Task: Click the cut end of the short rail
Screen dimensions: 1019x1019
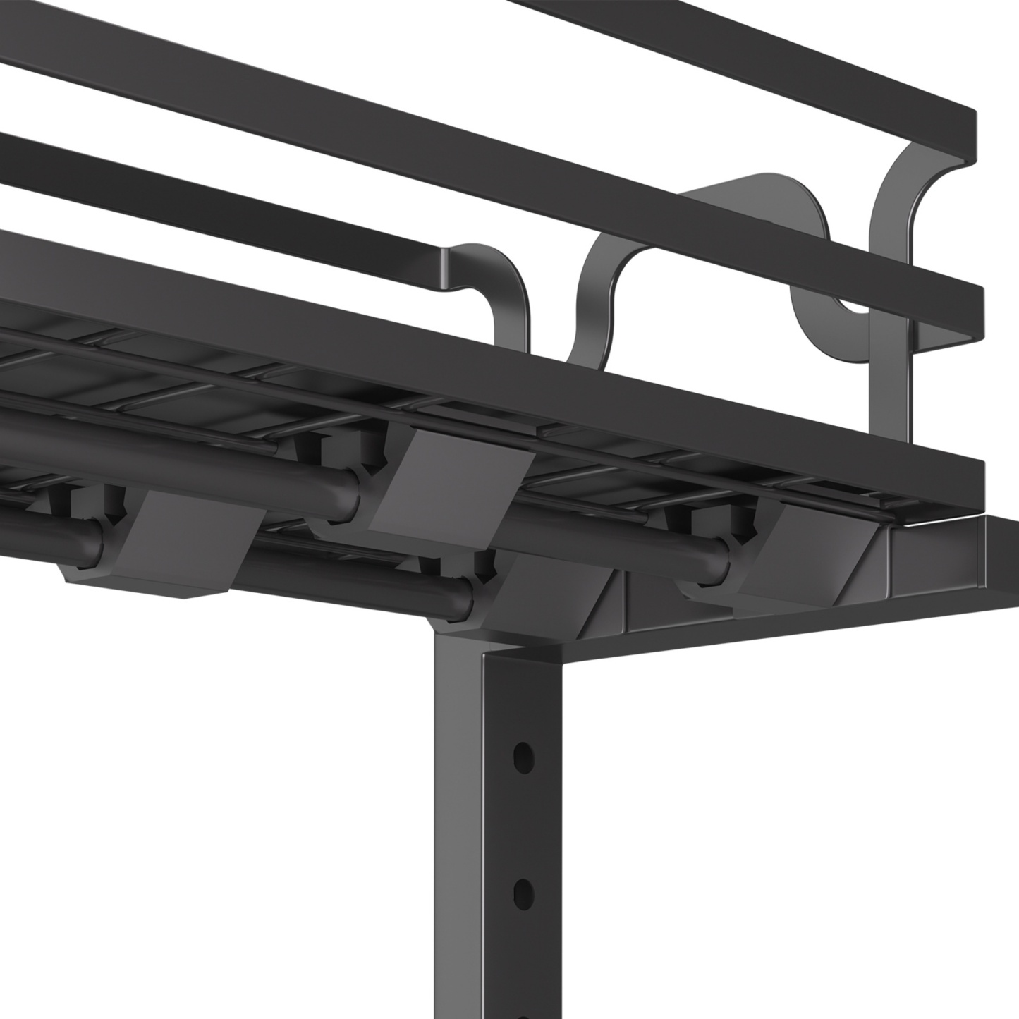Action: [x=449, y=266]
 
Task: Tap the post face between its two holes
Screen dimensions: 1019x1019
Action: [x=523, y=825]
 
